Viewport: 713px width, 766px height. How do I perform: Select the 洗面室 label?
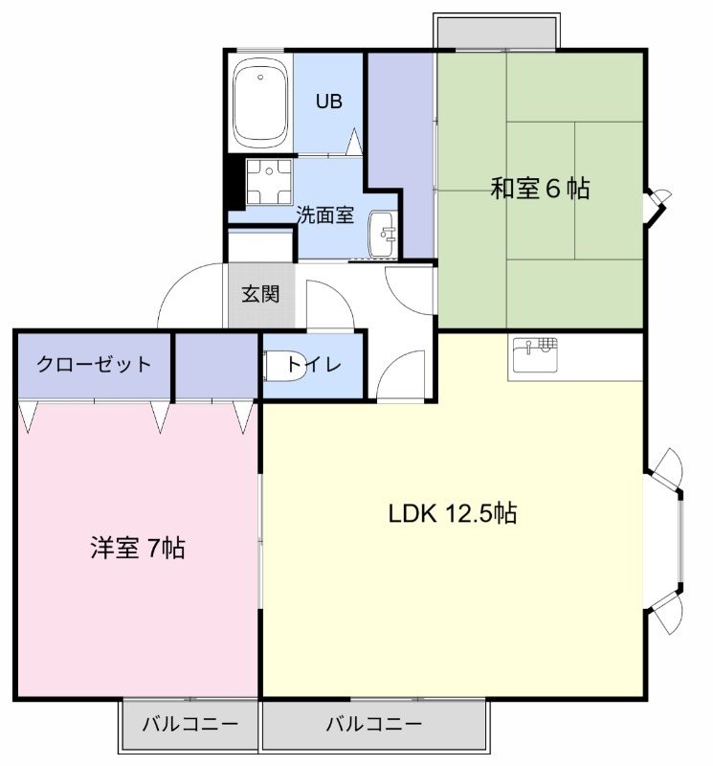tap(324, 214)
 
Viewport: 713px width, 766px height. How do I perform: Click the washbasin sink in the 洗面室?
tap(384, 233)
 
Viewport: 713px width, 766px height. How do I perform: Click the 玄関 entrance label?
tap(259, 294)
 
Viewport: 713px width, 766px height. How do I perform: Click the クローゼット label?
tap(94, 364)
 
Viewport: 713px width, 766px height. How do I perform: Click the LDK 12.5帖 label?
tap(452, 513)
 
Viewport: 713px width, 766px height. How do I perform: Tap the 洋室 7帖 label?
tap(137, 549)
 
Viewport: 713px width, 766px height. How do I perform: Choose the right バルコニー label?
tap(373, 725)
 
